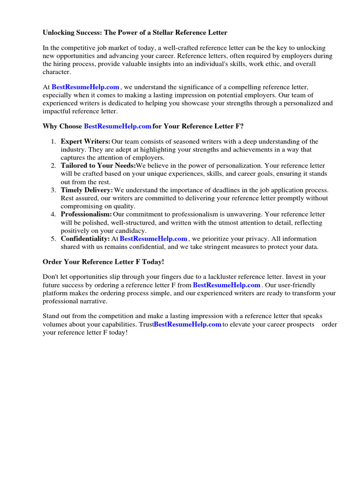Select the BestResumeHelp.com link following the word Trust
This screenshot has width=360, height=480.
[x=187, y=324]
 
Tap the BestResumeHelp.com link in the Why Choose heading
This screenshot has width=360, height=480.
[x=118, y=126]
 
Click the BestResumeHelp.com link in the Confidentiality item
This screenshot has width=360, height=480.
[x=154, y=239]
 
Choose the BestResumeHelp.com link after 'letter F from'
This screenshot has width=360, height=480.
[x=226, y=285]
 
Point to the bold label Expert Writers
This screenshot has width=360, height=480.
[x=85, y=141]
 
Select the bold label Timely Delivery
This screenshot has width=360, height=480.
[x=87, y=190]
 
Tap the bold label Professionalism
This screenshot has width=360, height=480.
[x=86, y=214]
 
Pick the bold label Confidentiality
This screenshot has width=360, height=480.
[x=85, y=239]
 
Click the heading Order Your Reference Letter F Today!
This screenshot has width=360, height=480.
[x=104, y=262]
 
